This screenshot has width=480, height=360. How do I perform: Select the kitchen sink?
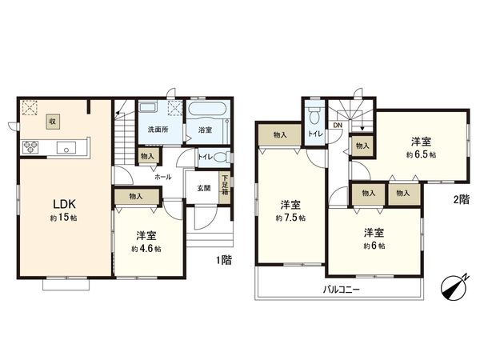pos(66,146)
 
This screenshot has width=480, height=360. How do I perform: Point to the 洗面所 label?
pos(155,129)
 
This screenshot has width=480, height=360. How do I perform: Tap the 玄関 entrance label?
pos(205,188)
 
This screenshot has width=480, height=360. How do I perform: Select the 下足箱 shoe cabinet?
pos(226,186)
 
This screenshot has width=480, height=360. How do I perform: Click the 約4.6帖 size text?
pos(146,249)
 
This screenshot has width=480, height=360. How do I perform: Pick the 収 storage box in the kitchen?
pos(52,121)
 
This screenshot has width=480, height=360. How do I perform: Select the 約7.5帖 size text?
pos(290,218)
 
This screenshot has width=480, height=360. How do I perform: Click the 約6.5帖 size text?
pos(421,154)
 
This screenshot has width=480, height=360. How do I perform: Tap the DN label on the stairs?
pos(338,125)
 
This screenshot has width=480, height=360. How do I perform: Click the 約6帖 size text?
pos(374,246)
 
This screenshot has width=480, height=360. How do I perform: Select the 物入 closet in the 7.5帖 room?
pos(280,135)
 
